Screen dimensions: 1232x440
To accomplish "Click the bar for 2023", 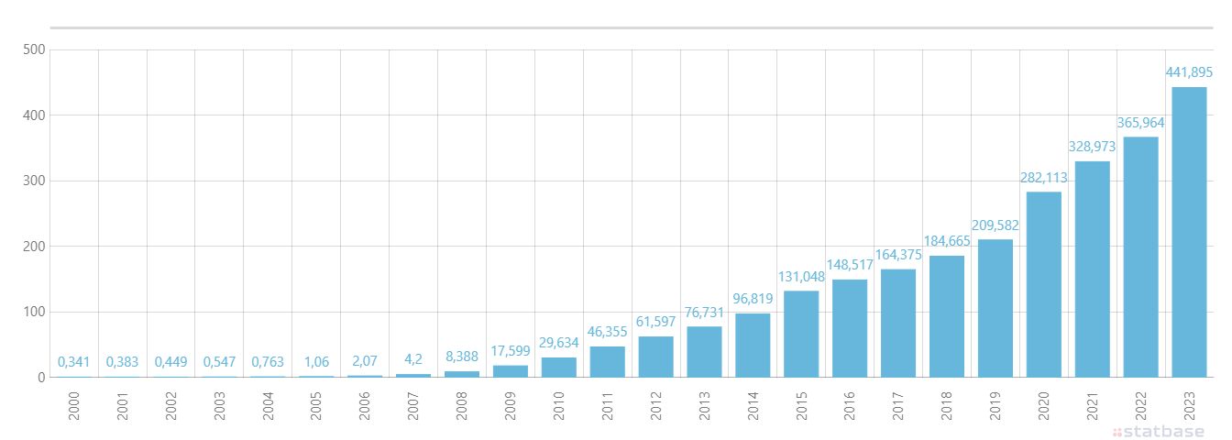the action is tap(1189, 232).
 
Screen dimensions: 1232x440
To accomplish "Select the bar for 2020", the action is tap(1044, 284).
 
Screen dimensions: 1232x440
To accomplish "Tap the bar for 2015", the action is tap(801, 334).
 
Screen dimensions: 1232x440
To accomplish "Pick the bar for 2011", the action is tap(607, 362).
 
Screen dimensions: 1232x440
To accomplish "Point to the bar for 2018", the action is tap(947, 316).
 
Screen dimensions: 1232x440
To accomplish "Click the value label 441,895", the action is tap(1189, 72).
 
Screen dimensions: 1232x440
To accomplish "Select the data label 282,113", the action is tap(1043, 178).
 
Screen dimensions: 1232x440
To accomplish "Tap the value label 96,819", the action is tap(753, 299).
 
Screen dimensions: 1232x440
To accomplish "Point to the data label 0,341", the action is tap(73, 362).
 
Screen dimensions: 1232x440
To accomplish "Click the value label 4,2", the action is tap(413, 359).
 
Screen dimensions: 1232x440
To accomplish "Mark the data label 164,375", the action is tap(898, 255).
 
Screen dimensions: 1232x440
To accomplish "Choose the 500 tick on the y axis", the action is tap(34, 49).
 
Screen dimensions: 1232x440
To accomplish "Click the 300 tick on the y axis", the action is tap(34, 181).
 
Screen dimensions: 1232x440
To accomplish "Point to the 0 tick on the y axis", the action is tap(41, 378).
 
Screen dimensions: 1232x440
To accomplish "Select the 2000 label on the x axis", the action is tap(73, 406).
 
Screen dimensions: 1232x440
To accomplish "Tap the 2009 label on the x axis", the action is tap(511, 406).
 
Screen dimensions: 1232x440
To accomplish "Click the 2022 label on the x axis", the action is tap(1140, 406).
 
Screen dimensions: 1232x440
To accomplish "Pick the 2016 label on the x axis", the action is tap(850, 406).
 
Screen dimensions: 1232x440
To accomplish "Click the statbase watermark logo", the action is tap(1159, 431).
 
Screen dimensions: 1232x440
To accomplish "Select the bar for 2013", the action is tap(704, 352).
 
